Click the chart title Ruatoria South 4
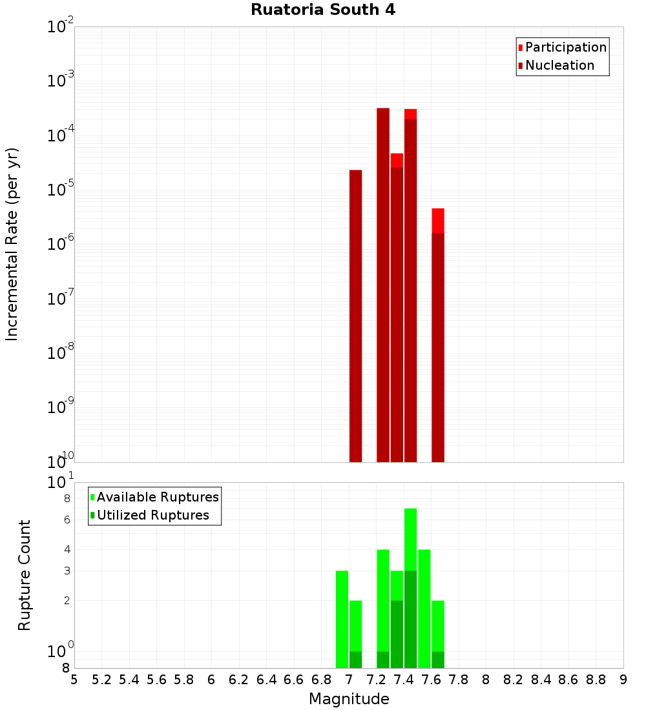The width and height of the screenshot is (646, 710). pos(323,10)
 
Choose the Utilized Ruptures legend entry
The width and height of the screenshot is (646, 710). pos(152,515)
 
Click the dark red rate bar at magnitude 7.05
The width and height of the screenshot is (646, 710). pos(355,316)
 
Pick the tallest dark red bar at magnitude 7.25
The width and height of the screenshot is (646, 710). pos(383,284)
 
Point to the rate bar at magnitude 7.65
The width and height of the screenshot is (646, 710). pos(438,336)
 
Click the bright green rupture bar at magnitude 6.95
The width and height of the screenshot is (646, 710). pos(342,620)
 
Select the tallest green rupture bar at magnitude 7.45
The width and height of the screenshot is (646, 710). pos(410,587)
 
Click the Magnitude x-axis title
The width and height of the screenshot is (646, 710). pos(349,699)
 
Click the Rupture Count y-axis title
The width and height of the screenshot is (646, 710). pos(25,575)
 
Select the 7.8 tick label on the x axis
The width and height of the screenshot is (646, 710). pos(459,680)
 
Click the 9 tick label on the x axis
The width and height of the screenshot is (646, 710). pos(623,680)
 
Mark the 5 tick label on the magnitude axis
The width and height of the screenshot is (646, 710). pos(74,680)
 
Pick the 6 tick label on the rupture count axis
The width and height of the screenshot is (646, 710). pos(66,520)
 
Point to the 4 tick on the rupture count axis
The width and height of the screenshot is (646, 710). pos(66,549)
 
